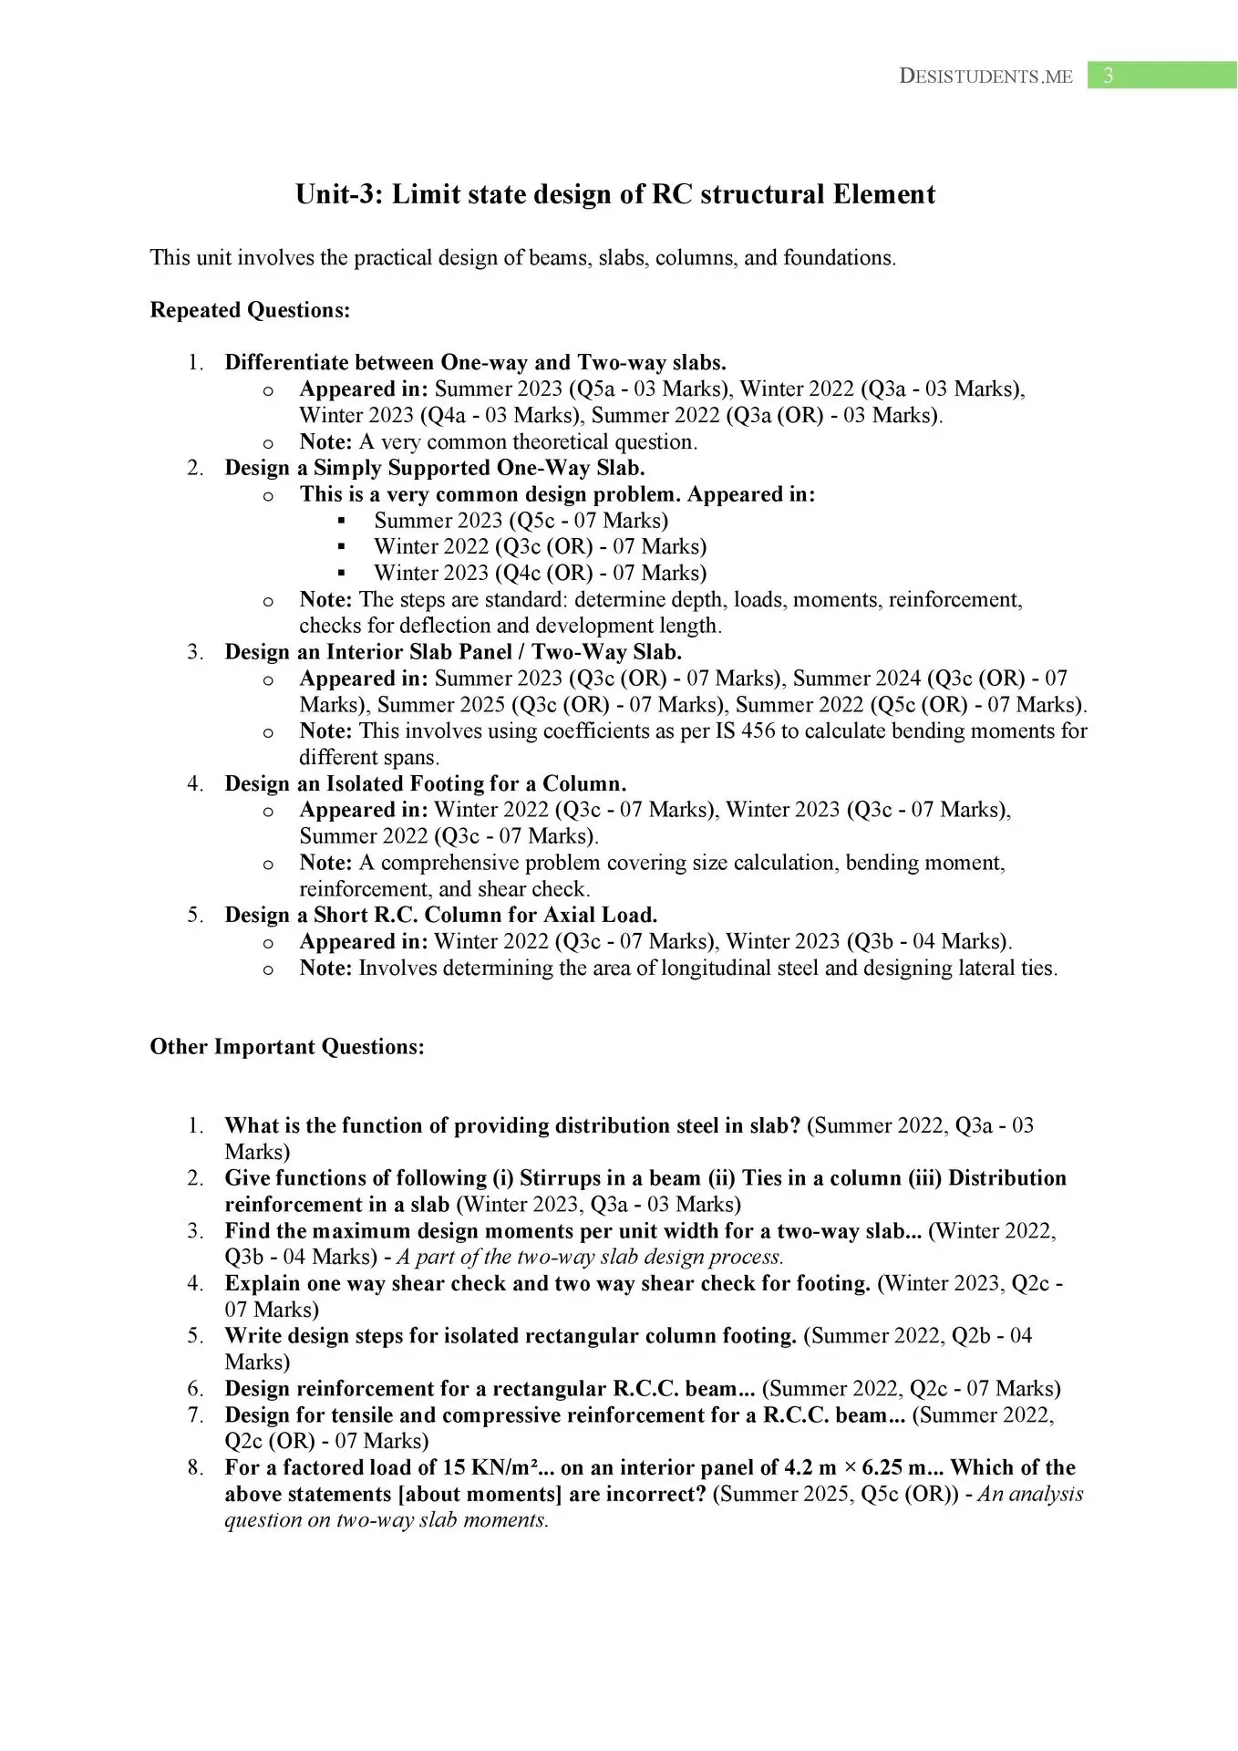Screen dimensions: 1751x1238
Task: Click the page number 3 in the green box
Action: tap(1108, 76)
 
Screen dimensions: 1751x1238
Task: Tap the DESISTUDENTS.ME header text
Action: tap(985, 77)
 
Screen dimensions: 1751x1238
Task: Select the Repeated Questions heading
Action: tap(250, 310)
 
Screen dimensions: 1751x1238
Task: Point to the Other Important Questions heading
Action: tap(287, 1046)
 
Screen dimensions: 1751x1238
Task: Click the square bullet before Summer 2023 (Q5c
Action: tap(342, 521)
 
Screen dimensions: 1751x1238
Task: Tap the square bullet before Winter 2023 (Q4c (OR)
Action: tap(342, 574)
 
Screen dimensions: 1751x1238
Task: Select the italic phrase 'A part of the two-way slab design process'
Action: tap(590, 1257)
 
